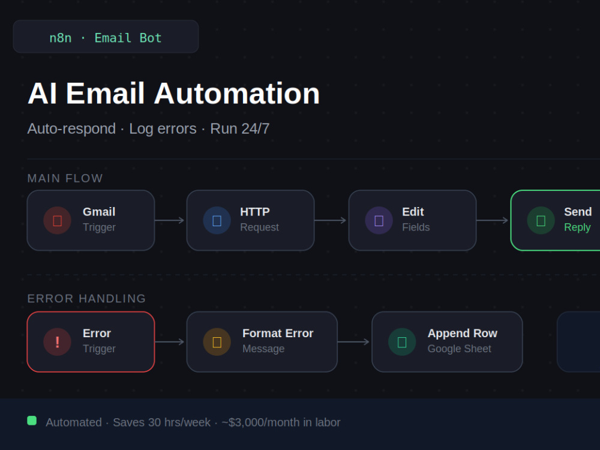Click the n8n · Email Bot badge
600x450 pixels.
(x=106, y=37)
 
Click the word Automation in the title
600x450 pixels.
(x=236, y=94)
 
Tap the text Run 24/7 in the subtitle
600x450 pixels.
(x=239, y=128)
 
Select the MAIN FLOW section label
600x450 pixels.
(x=65, y=178)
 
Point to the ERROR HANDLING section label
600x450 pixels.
(x=86, y=298)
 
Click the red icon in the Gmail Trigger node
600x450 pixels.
(x=58, y=220)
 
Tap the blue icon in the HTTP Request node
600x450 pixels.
(x=217, y=220)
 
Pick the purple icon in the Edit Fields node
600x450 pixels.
(x=379, y=220)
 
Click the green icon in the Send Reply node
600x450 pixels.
(x=541, y=220)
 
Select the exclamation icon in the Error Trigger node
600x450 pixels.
(x=58, y=342)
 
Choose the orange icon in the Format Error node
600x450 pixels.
(x=217, y=342)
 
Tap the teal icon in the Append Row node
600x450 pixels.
(x=402, y=342)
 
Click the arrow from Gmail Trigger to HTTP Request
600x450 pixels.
(x=170, y=220)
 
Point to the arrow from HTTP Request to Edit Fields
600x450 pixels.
(x=330, y=220)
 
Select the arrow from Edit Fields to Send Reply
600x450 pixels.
(x=492, y=220)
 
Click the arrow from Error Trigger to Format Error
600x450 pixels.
(x=170, y=342)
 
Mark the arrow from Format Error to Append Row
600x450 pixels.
(x=353, y=342)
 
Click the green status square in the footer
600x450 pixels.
(x=32, y=421)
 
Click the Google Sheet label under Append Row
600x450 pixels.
(x=459, y=349)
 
